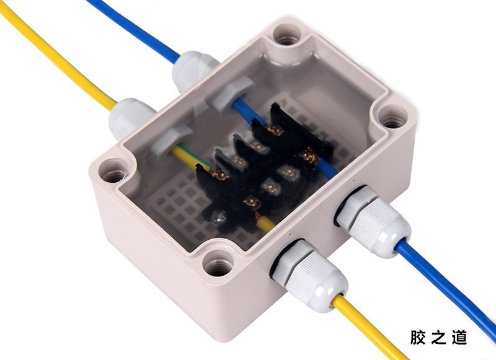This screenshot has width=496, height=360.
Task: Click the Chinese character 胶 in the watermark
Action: [418, 337]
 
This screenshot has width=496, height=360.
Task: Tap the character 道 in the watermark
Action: [459, 337]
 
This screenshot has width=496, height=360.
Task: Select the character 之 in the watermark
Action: [438, 337]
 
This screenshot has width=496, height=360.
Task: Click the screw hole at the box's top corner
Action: [287, 35]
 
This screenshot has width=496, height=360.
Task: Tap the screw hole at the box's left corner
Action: [113, 170]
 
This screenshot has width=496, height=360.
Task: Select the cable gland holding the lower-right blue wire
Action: [373, 221]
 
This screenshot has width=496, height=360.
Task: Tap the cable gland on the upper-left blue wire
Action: [194, 70]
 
